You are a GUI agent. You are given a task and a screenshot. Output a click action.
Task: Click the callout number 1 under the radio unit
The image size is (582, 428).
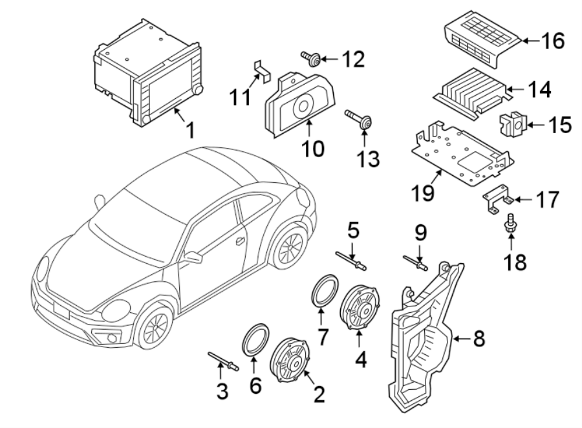coord(189,131)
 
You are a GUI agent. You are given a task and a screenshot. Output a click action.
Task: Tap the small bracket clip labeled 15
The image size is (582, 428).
coord(513,123)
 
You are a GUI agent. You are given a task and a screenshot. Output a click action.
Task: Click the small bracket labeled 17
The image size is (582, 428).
coord(498,200)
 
